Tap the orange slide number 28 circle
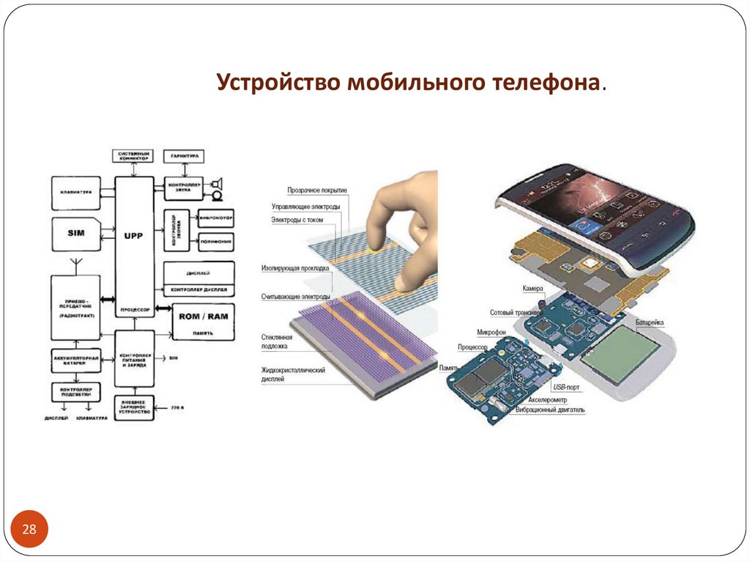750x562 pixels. coord(30,530)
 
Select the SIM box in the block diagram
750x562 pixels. coord(76,232)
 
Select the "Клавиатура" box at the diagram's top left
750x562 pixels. coord(76,192)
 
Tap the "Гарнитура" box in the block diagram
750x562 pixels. coord(184,156)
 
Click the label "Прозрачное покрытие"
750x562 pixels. coord(317,191)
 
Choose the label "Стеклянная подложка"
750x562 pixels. coord(277,341)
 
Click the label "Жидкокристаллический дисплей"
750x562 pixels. coord(293,374)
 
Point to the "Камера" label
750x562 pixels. coord(532,289)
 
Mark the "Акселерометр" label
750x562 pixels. coord(553,400)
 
